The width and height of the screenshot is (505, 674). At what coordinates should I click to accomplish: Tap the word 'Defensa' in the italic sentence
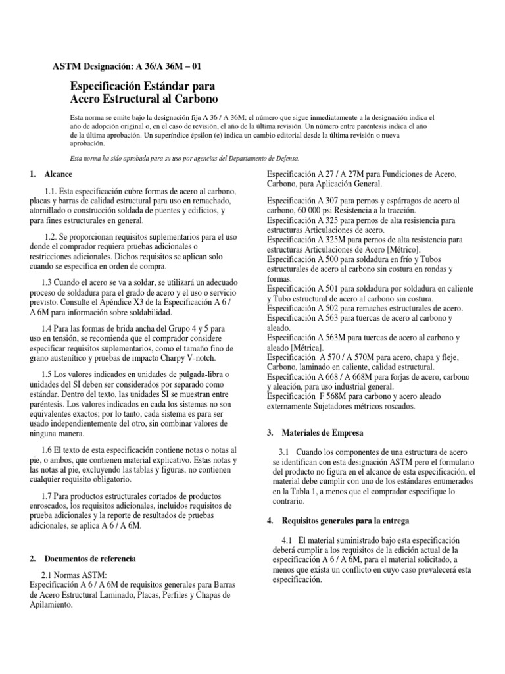[283, 159]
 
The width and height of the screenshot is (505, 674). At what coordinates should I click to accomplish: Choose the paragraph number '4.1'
[285, 540]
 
